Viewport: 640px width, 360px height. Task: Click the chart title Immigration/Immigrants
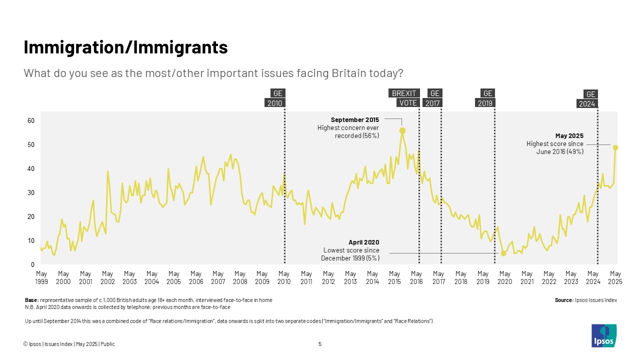pyautogui.click(x=125, y=47)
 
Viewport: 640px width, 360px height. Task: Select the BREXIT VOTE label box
pyautogui.click(x=403, y=98)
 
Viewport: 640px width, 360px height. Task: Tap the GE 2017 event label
pyautogui.click(x=433, y=98)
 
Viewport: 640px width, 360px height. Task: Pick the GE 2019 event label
pyautogui.click(x=485, y=98)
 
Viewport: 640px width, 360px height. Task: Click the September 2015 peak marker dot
pyautogui.click(x=402, y=130)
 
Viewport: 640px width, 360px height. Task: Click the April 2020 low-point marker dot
pyautogui.click(x=503, y=253)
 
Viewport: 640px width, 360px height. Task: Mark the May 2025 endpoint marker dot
pyautogui.click(x=615, y=147)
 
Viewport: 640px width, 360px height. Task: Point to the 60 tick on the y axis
pyautogui.click(x=30, y=121)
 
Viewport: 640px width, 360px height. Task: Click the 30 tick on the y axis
pyautogui.click(x=30, y=193)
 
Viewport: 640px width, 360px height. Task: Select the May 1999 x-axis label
pyautogui.click(x=41, y=277)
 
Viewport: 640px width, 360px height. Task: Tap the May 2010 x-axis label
pyautogui.click(x=284, y=277)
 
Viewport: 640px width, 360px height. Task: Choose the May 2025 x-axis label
pyautogui.click(x=615, y=277)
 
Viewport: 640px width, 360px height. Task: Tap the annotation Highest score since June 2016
pyautogui.click(x=554, y=147)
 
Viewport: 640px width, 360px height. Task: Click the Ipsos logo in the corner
pyautogui.click(x=603, y=335)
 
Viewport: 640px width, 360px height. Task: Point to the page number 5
pyautogui.click(x=320, y=344)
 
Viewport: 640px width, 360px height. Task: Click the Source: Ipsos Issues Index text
pyautogui.click(x=585, y=300)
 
